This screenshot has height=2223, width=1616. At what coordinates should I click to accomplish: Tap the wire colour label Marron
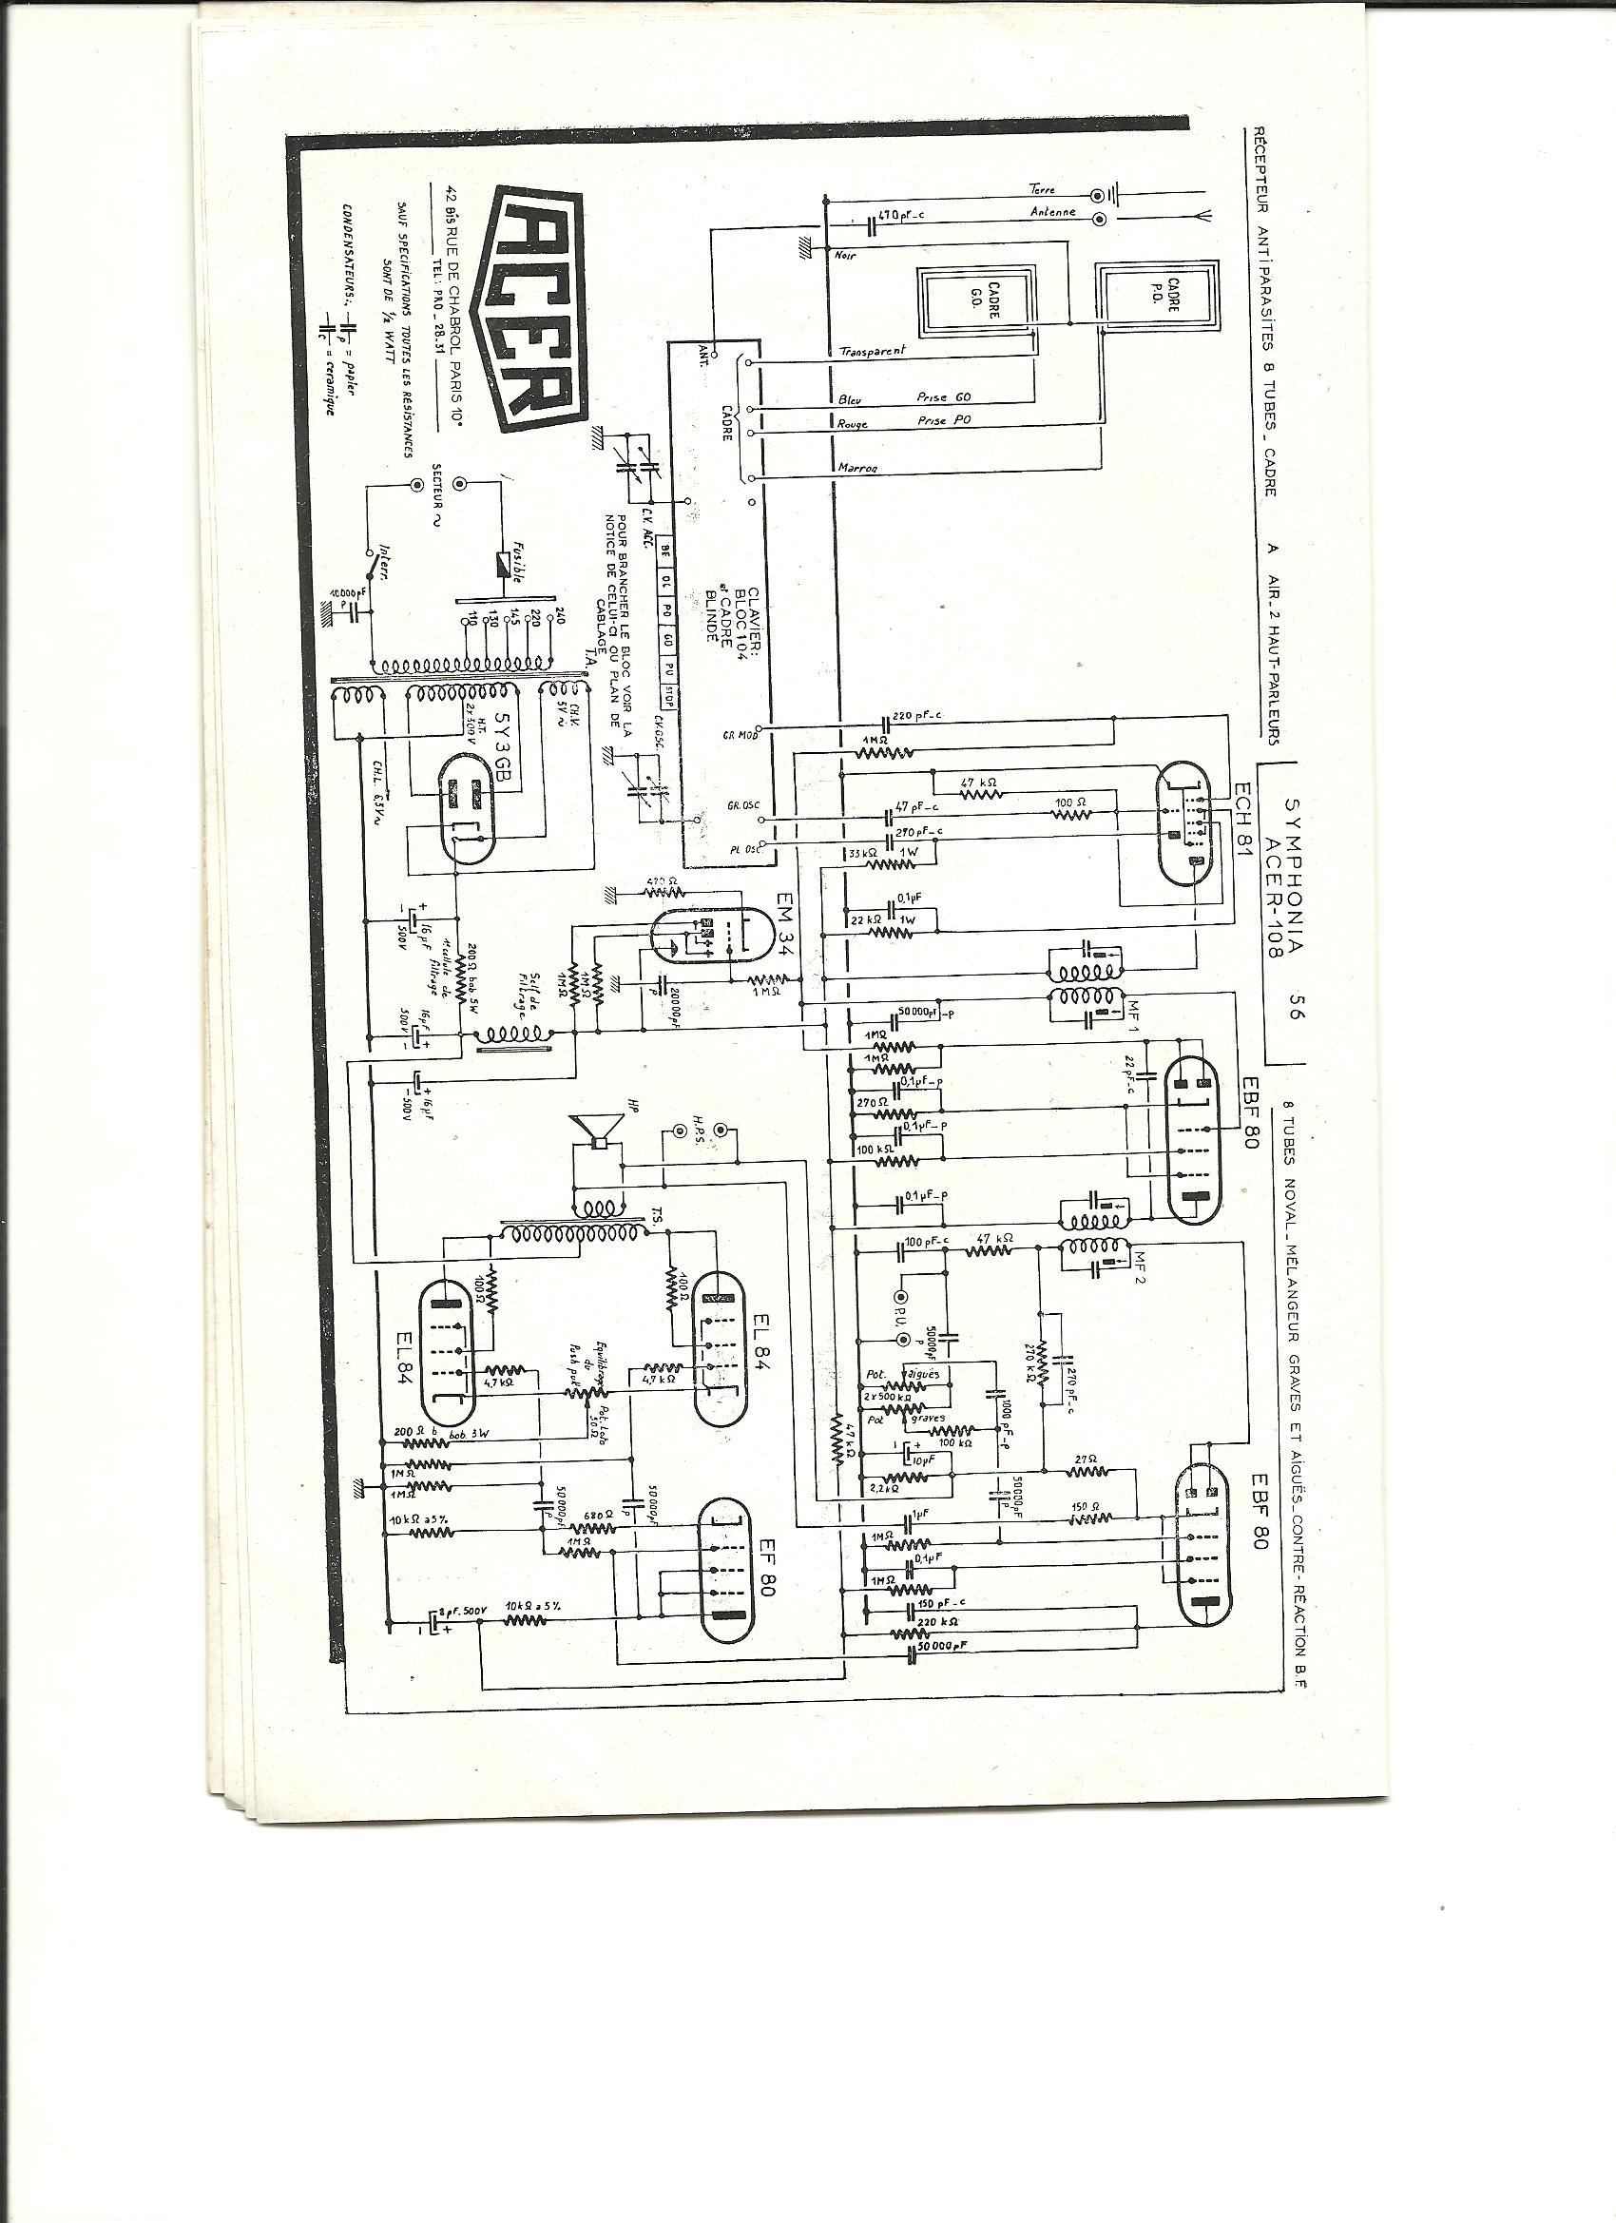(857, 468)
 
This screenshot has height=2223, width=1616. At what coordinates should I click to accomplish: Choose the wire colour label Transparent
(873, 351)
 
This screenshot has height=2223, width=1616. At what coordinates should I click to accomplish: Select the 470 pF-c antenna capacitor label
(899, 213)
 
